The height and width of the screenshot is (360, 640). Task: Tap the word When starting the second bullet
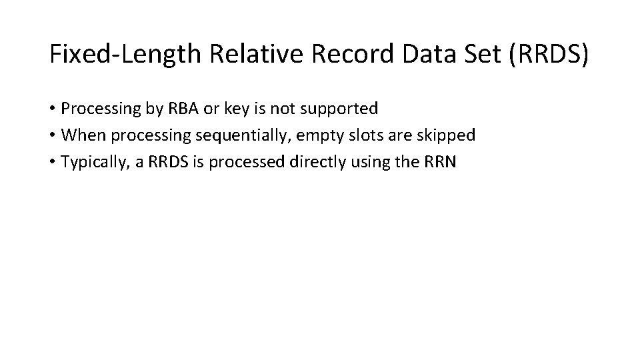(x=84, y=135)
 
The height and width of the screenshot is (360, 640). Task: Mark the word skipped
(x=446, y=135)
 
